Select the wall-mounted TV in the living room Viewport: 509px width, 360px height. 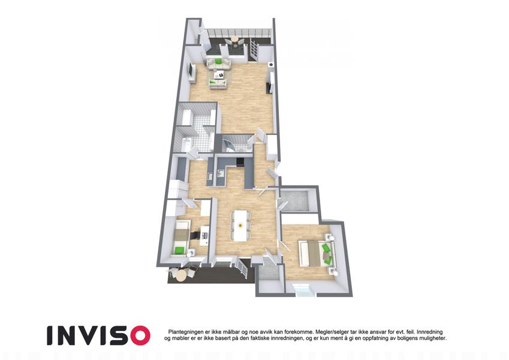click(x=191, y=71)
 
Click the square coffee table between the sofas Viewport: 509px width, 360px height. click(x=221, y=74)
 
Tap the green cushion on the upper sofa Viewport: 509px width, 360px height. click(x=218, y=61)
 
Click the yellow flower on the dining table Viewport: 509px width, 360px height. click(x=240, y=225)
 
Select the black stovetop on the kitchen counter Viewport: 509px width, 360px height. click(x=240, y=161)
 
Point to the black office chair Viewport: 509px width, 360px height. click(x=195, y=235)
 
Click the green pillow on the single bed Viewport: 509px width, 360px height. click(x=179, y=250)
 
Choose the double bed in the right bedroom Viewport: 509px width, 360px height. click(x=316, y=253)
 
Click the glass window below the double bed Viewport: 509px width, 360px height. click(x=304, y=290)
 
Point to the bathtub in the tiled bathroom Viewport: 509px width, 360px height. click(x=186, y=144)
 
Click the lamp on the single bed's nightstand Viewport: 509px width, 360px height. click(x=191, y=252)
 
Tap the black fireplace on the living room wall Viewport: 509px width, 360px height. click(x=269, y=88)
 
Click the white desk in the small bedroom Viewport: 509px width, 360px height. click(x=204, y=236)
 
